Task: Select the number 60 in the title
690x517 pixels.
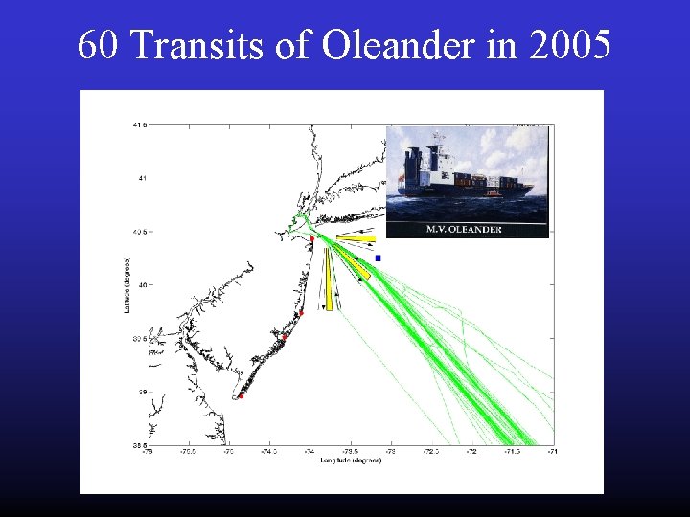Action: (99, 45)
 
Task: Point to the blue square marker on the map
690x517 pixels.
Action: (379, 258)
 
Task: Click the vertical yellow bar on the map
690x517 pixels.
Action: (329, 279)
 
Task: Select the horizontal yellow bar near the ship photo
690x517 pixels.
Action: (356, 239)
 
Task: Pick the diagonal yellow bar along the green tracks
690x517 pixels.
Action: (360, 269)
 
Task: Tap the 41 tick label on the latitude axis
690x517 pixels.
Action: (141, 178)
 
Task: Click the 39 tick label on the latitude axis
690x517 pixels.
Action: (141, 392)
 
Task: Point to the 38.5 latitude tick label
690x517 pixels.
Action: (139, 445)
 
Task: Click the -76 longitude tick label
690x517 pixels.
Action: (146, 453)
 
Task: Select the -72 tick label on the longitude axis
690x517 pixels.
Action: (471, 453)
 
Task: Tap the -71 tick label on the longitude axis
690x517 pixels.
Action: (552, 453)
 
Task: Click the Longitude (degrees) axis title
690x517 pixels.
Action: (350, 461)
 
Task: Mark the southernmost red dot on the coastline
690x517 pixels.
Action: (241, 395)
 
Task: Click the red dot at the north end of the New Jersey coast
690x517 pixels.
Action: (311, 239)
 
